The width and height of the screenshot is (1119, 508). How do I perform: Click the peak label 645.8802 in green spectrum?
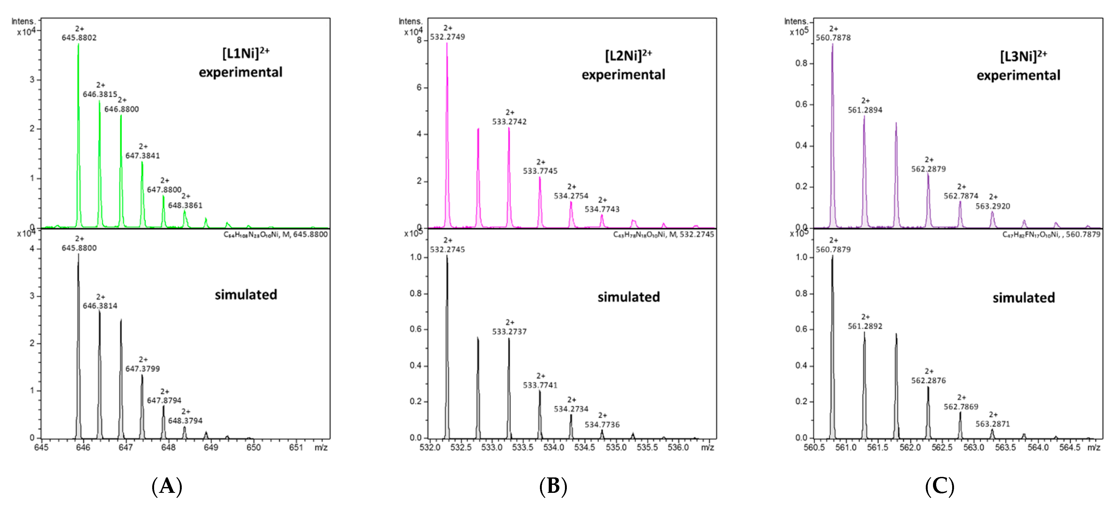(x=79, y=38)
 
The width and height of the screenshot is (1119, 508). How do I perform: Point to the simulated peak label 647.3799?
(x=142, y=369)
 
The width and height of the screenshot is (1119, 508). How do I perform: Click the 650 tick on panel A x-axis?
(x=254, y=447)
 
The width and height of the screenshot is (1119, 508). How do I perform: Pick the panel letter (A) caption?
(x=167, y=486)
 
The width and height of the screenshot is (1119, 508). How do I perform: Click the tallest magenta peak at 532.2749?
(x=447, y=130)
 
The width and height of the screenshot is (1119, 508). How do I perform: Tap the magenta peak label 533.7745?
(x=540, y=171)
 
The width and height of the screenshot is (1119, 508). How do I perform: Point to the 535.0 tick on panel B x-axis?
(x=616, y=447)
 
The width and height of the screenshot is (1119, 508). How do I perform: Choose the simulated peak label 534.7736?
(x=602, y=425)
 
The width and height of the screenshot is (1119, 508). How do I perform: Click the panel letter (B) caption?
(x=553, y=486)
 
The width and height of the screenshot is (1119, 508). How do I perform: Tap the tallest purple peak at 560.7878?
(x=832, y=130)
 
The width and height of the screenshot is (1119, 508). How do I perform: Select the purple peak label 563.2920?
(x=993, y=206)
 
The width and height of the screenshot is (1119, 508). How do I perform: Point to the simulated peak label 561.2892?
(x=865, y=326)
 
